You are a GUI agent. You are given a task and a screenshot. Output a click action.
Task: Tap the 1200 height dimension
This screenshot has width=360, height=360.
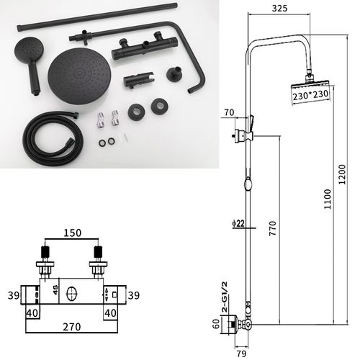[x=341, y=172]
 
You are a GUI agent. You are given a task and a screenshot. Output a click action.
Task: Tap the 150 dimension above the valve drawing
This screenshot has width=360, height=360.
[x=72, y=233]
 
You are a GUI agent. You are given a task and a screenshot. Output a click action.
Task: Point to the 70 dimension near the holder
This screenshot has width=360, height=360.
[x=230, y=113]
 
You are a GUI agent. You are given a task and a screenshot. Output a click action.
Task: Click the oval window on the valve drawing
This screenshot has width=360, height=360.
[x=71, y=294]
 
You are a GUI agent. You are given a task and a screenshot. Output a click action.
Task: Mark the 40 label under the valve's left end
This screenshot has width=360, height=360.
[x=32, y=312]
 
